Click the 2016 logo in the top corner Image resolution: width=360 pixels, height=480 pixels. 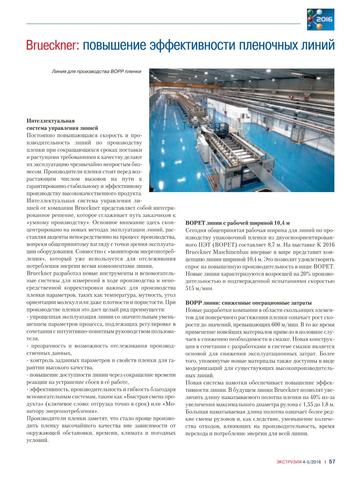[321, 19]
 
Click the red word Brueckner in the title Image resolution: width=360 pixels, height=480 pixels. [53, 45]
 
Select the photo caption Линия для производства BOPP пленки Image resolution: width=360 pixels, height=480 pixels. [96, 72]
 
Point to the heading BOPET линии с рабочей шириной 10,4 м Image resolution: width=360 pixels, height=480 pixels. [237, 223]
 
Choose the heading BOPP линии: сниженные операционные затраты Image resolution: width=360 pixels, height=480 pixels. [249, 303]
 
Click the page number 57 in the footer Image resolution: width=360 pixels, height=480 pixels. [332, 461]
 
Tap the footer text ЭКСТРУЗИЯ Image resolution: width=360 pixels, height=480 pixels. [289, 462]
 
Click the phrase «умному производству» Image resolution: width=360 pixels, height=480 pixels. [59, 223]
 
